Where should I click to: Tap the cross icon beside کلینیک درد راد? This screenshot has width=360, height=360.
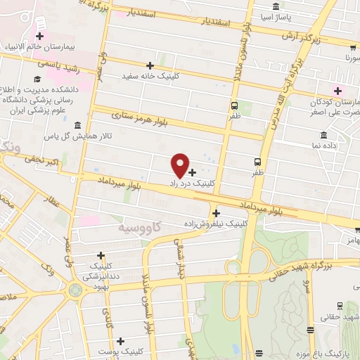(x=193, y=172)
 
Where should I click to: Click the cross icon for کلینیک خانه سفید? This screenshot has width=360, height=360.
(x=169, y=65)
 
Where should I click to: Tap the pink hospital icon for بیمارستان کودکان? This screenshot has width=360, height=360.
(x=338, y=90)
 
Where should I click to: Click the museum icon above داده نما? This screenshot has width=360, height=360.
(x=323, y=135)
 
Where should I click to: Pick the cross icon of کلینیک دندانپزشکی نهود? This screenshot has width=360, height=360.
(x=101, y=255)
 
